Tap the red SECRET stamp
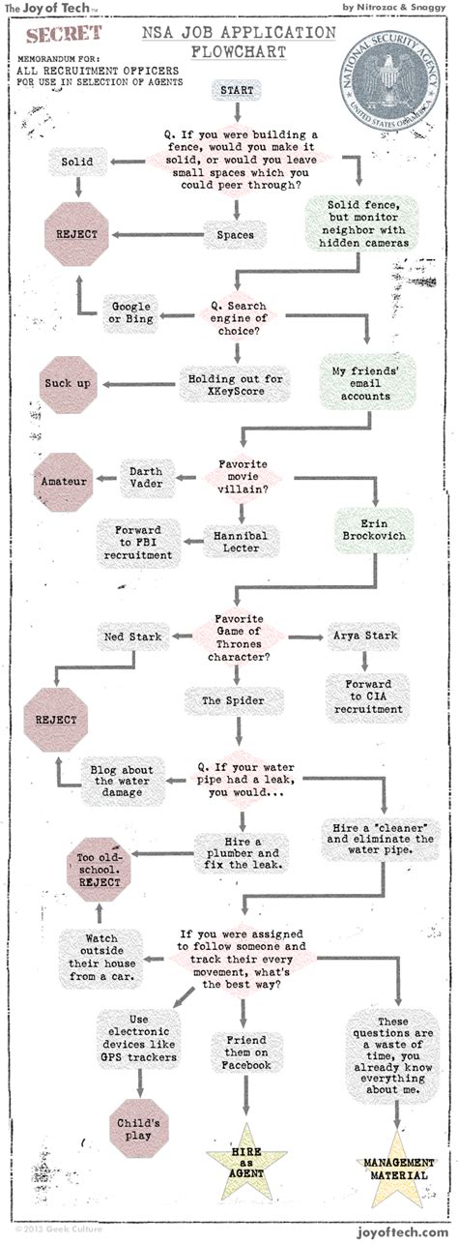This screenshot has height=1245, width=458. tap(65, 38)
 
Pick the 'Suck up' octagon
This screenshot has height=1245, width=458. tap(69, 384)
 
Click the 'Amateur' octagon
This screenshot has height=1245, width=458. tap(65, 481)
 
